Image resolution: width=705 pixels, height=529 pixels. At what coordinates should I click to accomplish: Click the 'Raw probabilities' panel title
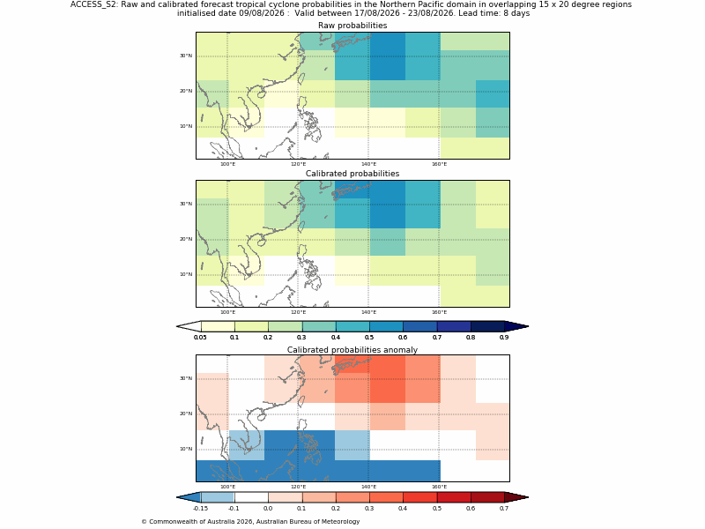352,26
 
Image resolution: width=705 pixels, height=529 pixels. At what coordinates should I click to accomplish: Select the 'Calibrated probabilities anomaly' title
352,350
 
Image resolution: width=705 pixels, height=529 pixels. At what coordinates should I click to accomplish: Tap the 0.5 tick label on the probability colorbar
369,338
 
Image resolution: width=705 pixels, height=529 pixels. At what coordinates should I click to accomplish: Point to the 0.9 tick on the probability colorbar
504,338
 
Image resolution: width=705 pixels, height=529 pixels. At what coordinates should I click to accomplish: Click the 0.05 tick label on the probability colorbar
200,338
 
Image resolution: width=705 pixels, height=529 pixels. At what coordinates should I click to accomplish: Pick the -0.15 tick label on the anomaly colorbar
200,509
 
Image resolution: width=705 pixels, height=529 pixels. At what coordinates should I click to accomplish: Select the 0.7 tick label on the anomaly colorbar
504,509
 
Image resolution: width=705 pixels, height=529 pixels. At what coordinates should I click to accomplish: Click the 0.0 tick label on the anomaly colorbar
268,509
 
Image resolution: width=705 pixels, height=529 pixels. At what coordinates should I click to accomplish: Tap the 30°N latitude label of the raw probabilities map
186,56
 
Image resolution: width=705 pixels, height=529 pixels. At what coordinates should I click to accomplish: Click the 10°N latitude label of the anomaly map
186,449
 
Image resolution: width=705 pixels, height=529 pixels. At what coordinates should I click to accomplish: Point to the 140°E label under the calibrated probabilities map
368,312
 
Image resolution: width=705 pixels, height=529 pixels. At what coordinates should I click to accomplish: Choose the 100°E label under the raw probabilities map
227,164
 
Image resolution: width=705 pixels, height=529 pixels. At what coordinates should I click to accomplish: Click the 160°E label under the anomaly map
439,487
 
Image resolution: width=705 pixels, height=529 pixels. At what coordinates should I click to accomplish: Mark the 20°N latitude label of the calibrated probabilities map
186,239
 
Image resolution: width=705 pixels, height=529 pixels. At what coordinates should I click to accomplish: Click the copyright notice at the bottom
250,522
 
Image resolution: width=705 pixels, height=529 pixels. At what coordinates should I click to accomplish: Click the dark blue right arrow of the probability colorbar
516,326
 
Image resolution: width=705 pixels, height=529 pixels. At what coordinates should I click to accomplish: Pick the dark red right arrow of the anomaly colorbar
516,497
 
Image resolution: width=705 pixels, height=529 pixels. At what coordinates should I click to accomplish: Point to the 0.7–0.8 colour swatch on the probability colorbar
454,326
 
